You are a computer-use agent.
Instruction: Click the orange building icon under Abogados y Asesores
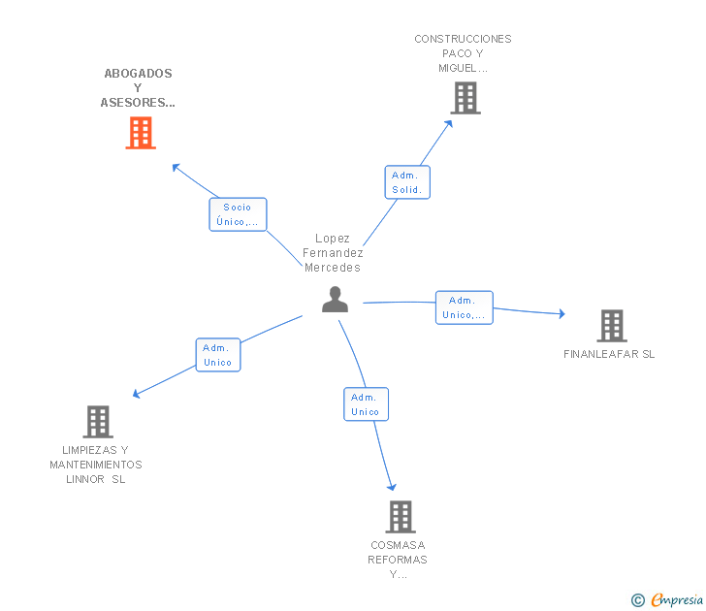(141, 133)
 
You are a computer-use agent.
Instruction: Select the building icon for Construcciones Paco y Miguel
(465, 98)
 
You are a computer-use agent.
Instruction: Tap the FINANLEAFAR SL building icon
(612, 326)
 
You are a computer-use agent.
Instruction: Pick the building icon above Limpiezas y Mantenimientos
(98, 422)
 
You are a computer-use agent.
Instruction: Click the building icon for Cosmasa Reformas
(401, 517)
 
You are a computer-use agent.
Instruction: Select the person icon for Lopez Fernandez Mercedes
(335, 300)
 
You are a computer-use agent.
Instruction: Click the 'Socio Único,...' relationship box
(238, 214)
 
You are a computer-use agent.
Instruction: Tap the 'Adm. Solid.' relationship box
(407, 182)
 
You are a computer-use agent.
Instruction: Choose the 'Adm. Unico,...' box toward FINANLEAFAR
(465, 307)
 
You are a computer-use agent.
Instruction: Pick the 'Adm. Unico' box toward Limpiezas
(218, 355)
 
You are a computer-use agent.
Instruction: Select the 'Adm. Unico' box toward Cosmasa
(366, 404)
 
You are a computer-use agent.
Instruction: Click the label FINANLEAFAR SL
(609, 354)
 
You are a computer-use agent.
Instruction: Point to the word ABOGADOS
(139, 74)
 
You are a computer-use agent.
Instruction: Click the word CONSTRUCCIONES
(463, 39)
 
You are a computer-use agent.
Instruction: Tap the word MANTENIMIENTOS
(96, 465)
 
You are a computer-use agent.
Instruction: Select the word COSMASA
(398, 545)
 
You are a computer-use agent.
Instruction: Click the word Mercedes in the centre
(333, 268)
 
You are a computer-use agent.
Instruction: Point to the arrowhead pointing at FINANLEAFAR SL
(562, 313)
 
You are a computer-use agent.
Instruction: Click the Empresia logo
(677, 599)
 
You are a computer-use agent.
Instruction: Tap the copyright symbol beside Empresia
(637, 600)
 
